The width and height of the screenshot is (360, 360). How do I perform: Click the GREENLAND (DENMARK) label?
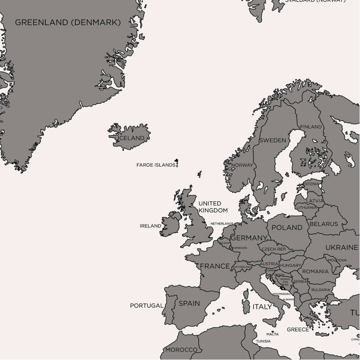[x=68, y=23]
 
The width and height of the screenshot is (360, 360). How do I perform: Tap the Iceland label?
[x=132, y=138]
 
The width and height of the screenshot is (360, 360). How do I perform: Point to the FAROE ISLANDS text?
[x=155, y=165]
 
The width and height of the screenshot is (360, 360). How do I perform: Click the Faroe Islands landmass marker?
[x=177, y=163]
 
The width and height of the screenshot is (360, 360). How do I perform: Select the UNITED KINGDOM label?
[x=213, y=207]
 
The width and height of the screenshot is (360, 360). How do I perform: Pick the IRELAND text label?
[x=150, y=226]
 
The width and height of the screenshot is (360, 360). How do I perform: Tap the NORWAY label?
[x=243, y=165]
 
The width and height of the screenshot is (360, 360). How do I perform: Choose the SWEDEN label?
[x=272, y=140]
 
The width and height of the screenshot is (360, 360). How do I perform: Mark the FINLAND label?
[x=311, y=127]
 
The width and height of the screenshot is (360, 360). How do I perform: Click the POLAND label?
[x=287, y=227]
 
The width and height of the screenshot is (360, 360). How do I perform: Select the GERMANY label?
[x=249, y=238]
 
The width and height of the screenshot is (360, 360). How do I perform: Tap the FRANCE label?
[x=215, y=266]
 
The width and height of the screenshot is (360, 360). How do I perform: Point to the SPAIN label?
[x=189, y=303]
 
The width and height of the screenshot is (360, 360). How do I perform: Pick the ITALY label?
[x=262, y=306]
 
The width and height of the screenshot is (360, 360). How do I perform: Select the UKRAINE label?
[x=341, y=247]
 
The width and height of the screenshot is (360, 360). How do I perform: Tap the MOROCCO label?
[x=181, y=350]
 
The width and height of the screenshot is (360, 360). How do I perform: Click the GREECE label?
[x=298, y=330]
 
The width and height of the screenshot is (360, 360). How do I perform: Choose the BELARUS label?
[x=324, y=224]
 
